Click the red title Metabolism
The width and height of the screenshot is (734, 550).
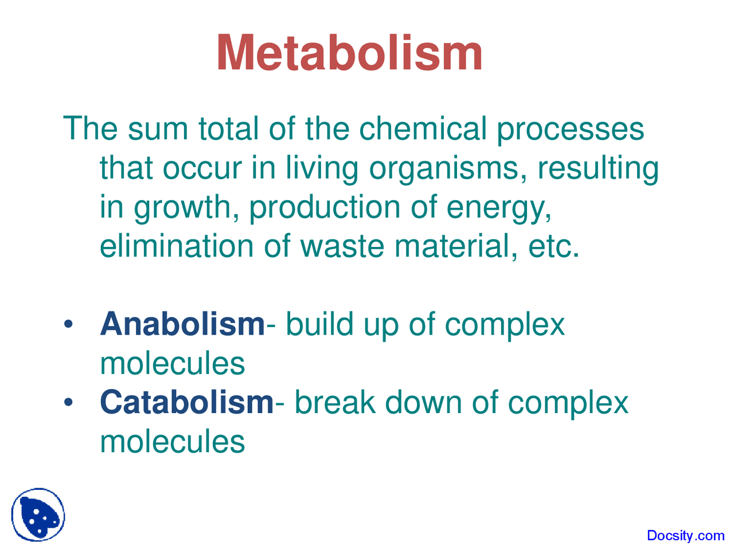coord(349,53)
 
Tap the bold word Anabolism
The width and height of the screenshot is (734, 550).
coord(182,324)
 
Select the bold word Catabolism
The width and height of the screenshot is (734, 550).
coord(187,402)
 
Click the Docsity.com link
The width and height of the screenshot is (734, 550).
coord(685,536)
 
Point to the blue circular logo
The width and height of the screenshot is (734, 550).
coord(38,514)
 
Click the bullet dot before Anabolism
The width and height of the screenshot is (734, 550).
coord(69,324)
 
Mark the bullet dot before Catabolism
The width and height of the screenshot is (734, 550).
coord(69,403)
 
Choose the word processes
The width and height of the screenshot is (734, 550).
coord(570,129)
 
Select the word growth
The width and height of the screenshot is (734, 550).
coord(182,207)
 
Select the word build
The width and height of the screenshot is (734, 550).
coord(319,324)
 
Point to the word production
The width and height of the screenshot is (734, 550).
coord(325,207)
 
